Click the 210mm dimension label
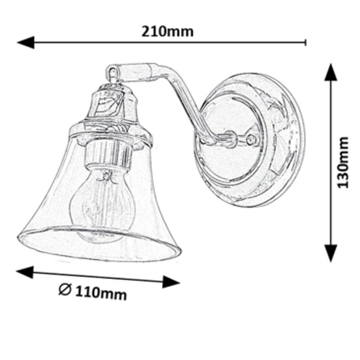[167, 32]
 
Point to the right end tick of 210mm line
[306, 42]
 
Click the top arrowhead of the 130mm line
[331, 71]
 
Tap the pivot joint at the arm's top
[112, 73]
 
